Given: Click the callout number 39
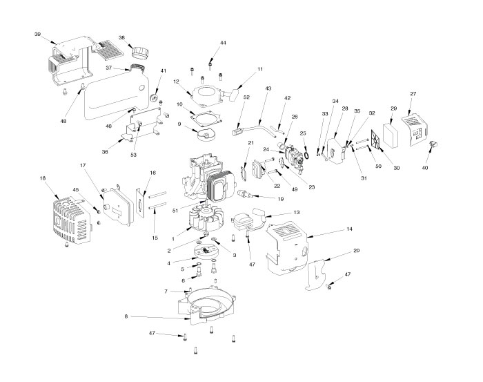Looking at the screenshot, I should [37, 33].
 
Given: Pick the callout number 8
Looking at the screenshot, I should [126, 317].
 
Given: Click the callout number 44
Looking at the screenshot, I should [223, 43].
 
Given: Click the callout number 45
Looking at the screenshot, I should [77, 189].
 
